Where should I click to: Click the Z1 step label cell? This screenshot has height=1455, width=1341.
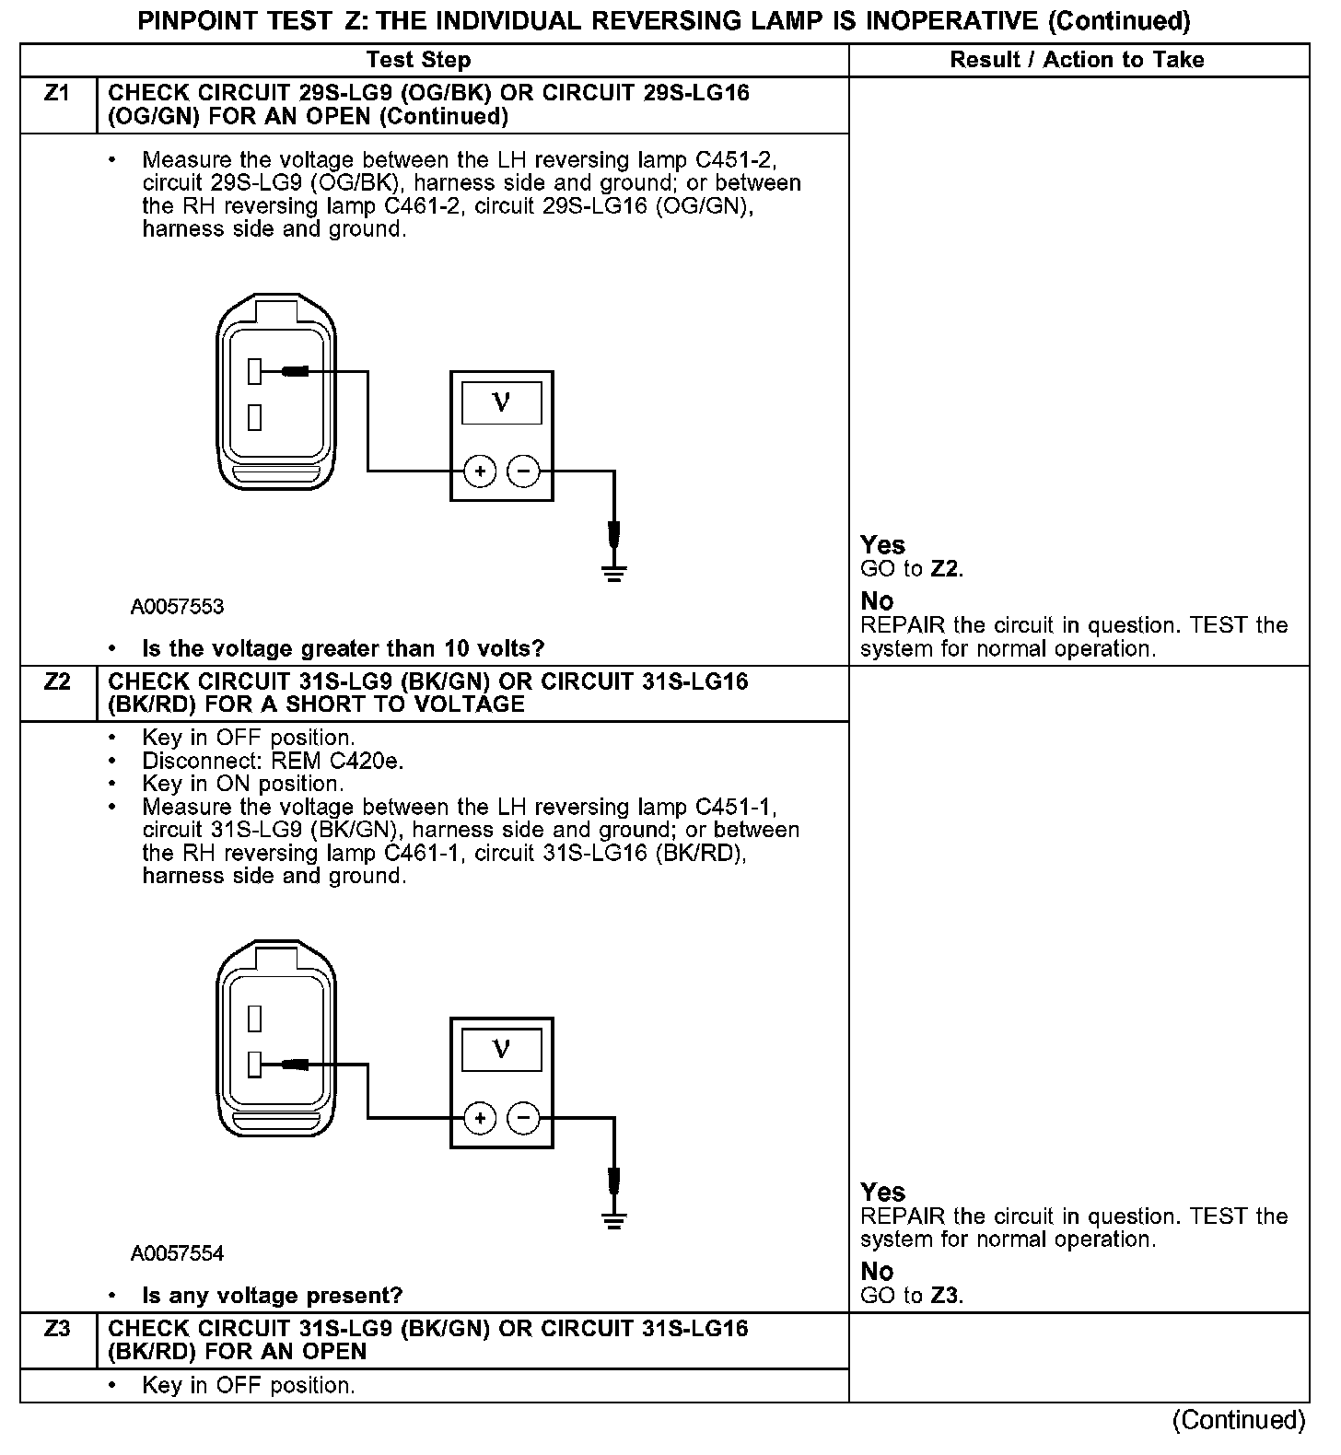[57, 94]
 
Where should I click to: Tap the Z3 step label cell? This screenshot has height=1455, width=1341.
[57, 1330]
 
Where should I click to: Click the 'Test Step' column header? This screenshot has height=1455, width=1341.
[418, 60]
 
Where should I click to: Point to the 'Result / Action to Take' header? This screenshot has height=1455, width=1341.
[1077, 60]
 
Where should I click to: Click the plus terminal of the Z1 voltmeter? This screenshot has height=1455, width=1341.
[479, 472]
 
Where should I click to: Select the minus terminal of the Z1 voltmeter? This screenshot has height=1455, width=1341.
[523, 472]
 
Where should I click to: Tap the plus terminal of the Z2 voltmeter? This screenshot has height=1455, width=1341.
[479, 1119]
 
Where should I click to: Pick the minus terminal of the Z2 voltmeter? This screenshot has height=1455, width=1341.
[523, 1119]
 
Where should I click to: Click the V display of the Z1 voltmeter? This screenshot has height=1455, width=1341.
[501, 403]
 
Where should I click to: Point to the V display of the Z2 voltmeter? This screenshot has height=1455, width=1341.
[501, 1050]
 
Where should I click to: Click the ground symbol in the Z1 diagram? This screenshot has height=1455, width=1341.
[614, 573]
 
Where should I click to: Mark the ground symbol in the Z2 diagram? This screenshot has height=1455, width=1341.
[614, 1219]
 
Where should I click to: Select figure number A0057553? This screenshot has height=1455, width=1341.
[177, 607]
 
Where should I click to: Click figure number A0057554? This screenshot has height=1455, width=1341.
[177, 1253]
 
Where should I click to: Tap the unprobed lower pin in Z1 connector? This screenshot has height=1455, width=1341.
[255, 418]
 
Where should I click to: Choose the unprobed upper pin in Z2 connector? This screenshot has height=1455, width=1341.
[255, 1018]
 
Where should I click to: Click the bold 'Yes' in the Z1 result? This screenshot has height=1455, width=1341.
[882, 545]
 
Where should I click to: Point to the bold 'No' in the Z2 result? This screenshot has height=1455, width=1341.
[877, 1272]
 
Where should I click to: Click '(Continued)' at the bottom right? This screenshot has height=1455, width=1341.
[1238, 1420]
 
